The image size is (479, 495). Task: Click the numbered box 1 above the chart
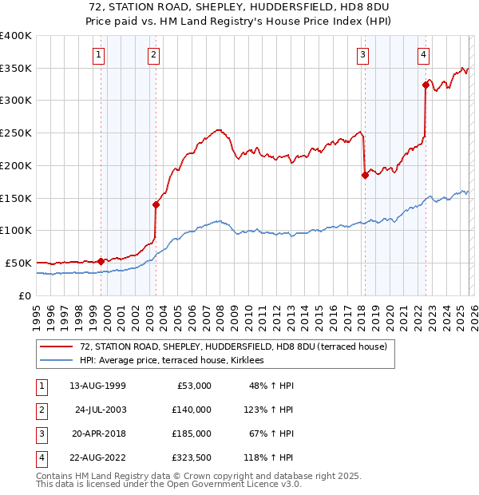[x=98, y=55]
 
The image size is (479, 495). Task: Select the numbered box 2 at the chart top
[x=152, y=55]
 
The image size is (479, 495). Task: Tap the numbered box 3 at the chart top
[x=362, y=55]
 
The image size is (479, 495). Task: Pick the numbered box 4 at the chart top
[x=423, y=55]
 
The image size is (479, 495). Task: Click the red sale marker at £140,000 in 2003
[x=156, y=204]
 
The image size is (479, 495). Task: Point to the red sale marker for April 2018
[x=365, y=175]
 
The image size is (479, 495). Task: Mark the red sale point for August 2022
[x=426, y=85]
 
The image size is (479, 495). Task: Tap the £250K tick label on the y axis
[x=16, y=133]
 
